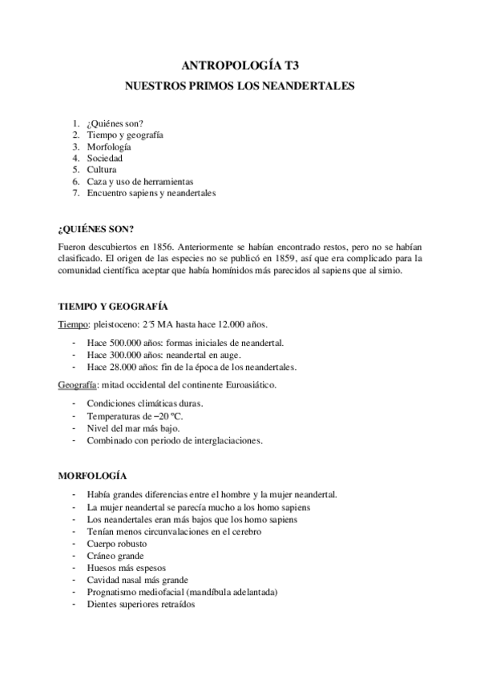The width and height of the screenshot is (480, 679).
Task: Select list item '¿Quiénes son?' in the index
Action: (x=115, y=124)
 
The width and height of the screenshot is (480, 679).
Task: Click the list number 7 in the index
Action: (x=75, y=193)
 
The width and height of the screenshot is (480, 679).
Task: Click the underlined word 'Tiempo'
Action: (x=73, y=324)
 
